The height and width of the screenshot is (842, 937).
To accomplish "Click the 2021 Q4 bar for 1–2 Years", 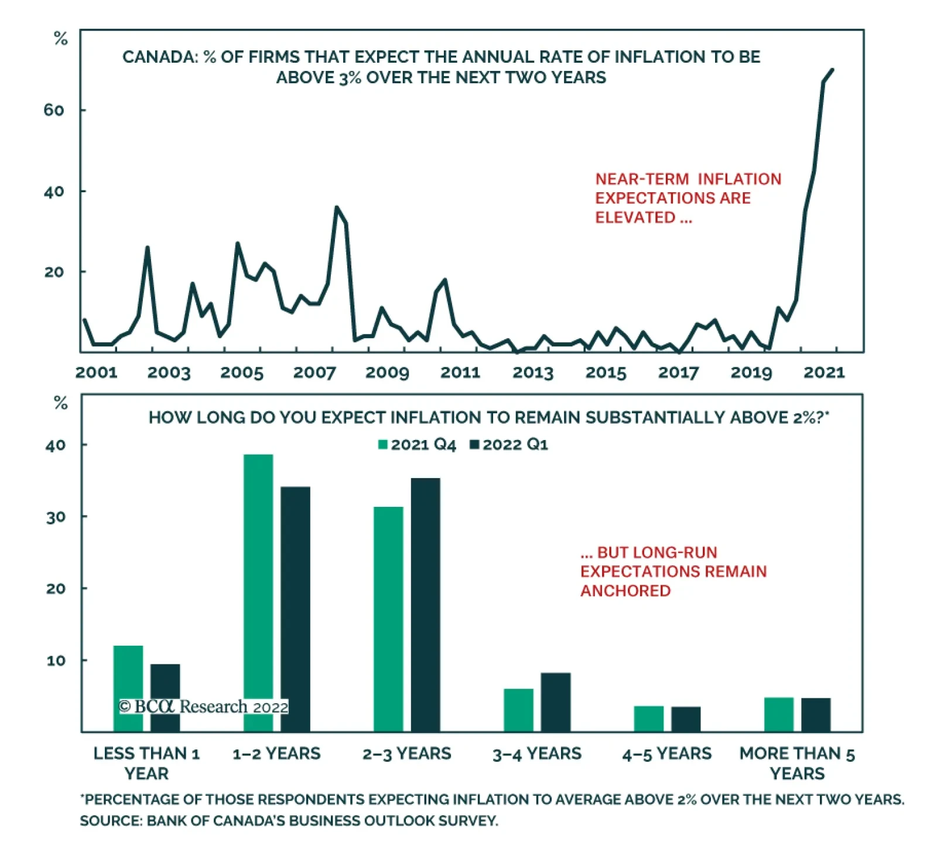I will (x=258, y=592).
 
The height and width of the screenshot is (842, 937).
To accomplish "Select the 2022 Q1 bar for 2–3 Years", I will (x=425, y=604).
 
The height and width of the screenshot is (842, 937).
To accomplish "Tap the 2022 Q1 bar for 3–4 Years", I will (x=555, y=701).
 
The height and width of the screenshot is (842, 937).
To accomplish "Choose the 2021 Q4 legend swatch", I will (x=383, y=445).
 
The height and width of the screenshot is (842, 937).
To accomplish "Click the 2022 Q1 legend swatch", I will (x=475, y=445).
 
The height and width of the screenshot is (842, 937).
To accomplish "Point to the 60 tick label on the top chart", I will (x=54, y=110).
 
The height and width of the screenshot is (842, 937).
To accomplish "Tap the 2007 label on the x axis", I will (x=314, y=373).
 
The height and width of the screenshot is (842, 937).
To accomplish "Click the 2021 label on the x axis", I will (x=824, y=373).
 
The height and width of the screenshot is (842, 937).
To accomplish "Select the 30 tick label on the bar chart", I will (x=56, y=517).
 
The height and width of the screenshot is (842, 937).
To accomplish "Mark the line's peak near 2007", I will (x=337, y=207).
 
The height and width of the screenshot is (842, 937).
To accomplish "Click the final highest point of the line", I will (x=832, y=70).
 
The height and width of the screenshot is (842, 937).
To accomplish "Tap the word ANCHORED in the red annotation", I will (x=625, y=591).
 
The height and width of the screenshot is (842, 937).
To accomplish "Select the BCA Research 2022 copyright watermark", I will (x=203, y=707).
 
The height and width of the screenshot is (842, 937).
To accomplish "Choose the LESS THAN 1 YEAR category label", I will (x=146, y=763).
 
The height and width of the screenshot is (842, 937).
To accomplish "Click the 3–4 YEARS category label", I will (x=537, y=754).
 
